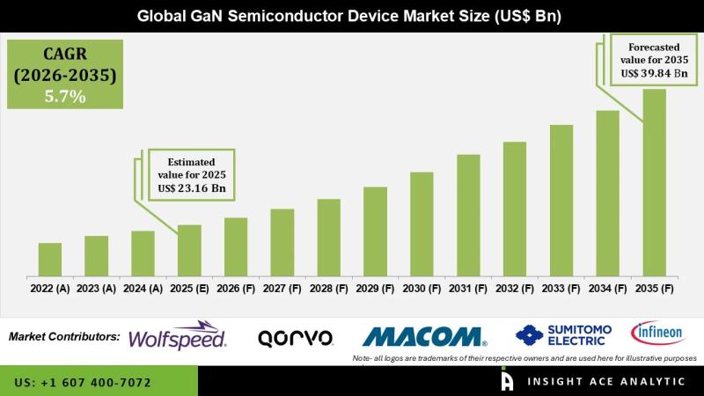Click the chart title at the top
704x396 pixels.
point(352,16)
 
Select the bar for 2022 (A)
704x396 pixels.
point(50,259)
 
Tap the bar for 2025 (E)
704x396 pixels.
point(189,250)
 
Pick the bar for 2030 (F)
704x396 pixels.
point(422,224)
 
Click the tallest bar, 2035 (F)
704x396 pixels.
point(654,181)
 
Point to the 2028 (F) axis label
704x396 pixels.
point(328,288)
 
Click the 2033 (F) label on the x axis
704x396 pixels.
point(561,288)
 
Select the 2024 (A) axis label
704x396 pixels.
point(143,288)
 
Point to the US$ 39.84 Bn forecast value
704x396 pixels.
point(652,73)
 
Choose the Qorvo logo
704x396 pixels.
point(295,337)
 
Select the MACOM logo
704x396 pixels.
point(424,336)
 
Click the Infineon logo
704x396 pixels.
point(656,334)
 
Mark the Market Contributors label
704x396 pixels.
point(64,336)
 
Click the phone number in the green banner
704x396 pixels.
point(83,383)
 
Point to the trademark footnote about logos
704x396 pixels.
point(524,359)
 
